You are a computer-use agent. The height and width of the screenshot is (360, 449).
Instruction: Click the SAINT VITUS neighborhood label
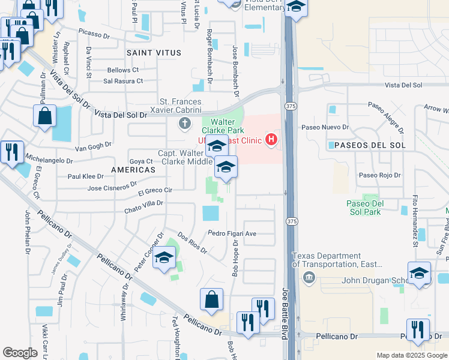click(150, 53)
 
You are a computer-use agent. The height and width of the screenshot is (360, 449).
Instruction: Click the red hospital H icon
click(271, 140)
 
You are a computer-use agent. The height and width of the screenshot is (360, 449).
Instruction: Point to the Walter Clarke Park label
click(227, 125)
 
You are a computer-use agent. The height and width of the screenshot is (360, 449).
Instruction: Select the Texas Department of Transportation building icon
click(309, 277)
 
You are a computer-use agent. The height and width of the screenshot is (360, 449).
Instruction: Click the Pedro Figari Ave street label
click(232, 233)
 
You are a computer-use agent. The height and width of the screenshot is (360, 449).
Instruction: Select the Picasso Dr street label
click(94, 35)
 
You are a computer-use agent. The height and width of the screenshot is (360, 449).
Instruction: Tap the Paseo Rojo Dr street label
click(379, 175)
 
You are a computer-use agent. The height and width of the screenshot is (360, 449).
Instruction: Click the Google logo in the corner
click(20, 353)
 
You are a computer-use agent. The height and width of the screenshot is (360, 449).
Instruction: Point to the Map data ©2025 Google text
click(411, 355)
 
